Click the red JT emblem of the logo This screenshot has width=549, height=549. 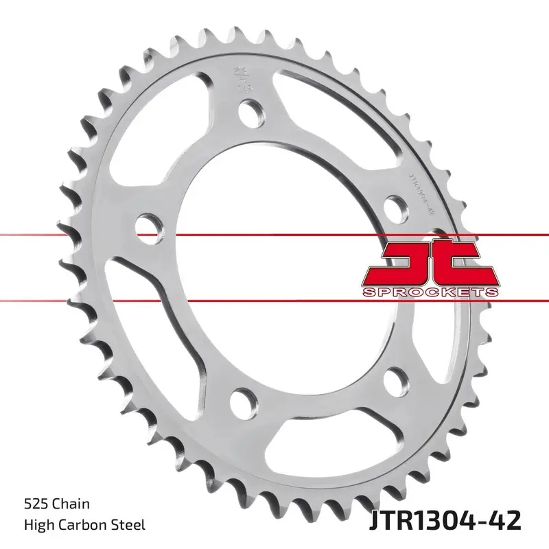[429, 264]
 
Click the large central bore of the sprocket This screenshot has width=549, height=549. [274, 261]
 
